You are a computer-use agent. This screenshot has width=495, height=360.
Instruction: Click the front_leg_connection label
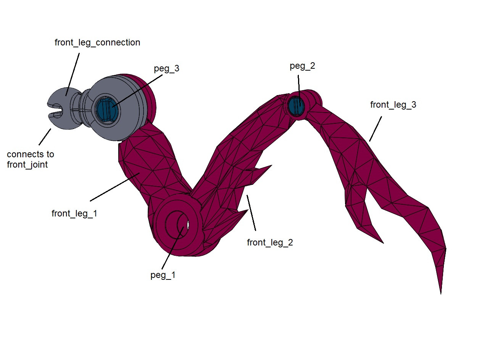(x=97, y=42)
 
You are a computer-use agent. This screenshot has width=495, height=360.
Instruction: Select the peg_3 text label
(x=166, y=68)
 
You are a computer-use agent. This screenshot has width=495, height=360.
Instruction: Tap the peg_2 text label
(x=302, y=66)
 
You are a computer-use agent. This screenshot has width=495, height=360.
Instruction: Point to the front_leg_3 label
(x=393, y=105)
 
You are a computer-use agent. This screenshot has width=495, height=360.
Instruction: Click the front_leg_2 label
(x=270, y=242)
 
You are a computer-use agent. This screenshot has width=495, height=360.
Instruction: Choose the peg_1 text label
(x=163, y=275)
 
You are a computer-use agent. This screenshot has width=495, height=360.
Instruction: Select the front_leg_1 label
(x=74, y=213)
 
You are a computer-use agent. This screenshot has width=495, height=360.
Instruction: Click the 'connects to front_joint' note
(x=31, y=159)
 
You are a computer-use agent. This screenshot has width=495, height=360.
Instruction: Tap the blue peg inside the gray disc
(x=107, y=110)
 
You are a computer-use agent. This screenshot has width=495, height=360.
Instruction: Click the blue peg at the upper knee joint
(x=296, y=106)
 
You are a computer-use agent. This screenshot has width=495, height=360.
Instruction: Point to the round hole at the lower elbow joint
(x=177, y=224)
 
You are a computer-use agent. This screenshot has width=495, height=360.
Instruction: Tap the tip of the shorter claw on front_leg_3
(x=383, y=243)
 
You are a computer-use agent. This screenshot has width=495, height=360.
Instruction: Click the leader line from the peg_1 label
(x=173, y=248)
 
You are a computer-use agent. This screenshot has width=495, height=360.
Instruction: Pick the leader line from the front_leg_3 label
(x=376, y=129)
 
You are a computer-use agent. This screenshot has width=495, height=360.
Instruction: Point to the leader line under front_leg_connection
(x=73, y=74)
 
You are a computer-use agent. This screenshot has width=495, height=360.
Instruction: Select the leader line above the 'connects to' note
(x=45, y=137)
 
